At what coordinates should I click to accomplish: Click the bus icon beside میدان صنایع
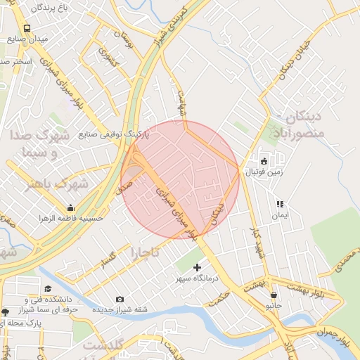[x=27, y=29]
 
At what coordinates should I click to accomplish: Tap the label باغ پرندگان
[x=49, y=9]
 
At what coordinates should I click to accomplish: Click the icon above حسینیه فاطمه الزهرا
[x=70, y=208]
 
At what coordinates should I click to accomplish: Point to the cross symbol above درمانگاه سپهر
[x=197, y=267]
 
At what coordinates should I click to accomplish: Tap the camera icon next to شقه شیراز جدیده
[x=119, y=300]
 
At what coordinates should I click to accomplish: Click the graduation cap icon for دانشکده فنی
[x=49, y=289]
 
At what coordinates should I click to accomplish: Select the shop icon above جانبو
[x=273, y=295]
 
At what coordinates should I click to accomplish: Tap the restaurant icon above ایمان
[x=280, y=204]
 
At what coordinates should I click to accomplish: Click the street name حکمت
[x=219, y=299]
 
